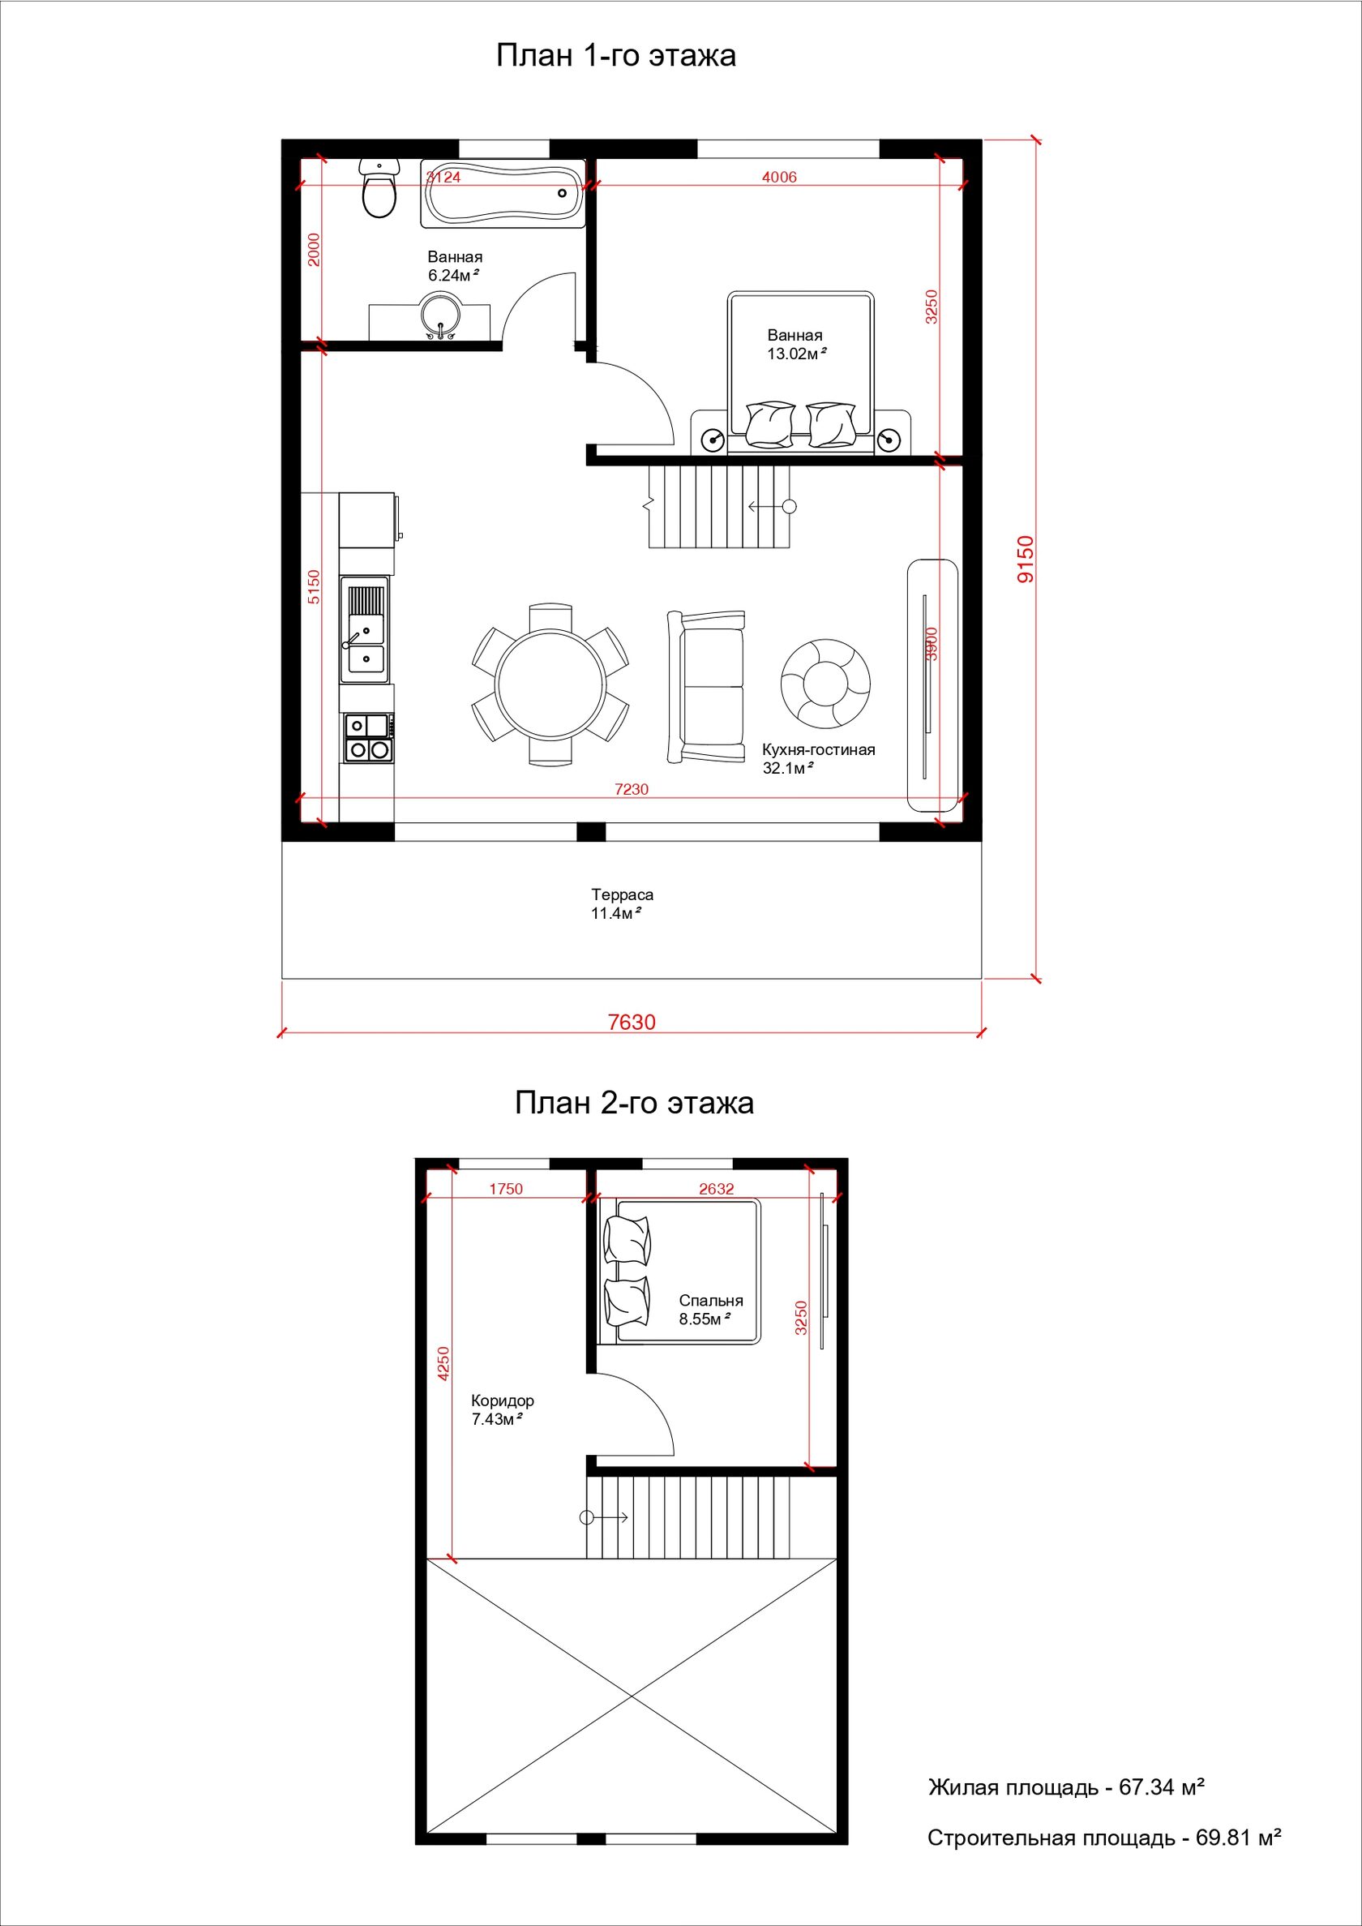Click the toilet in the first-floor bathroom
click(379, 188)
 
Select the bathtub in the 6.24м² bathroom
click(503, 193)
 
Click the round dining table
click(550, 683)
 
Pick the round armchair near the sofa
click(825, 683)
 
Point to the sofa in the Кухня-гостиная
click(706, 688)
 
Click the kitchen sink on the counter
click(365, 629)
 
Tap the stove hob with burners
click(369, 738)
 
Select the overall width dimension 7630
click(632, 1023)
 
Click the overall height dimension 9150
click(1024, 560)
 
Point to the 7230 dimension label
click(632, 789)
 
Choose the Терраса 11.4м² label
click(622, 904)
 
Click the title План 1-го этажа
click(616, 55)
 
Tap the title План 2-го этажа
click(634, 1102)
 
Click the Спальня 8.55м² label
click(711, 1310)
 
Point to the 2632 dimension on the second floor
click(716, 1189)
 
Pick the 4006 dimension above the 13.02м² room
click(779, 177)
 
